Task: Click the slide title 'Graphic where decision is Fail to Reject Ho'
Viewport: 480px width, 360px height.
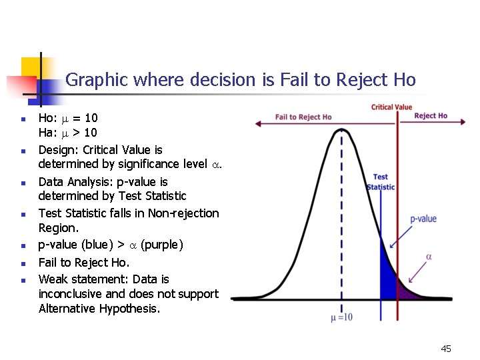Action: point(241,80)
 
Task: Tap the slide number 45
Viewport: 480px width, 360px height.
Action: point(446,349)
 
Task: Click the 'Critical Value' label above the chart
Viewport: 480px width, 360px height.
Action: point(391,107)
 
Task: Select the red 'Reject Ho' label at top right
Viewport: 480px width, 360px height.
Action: point(431,116)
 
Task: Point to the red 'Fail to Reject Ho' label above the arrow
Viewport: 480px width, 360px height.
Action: point(303,117)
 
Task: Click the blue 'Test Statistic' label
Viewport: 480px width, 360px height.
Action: point(381,182)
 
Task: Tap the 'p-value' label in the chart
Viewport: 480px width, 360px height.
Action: point(423,219)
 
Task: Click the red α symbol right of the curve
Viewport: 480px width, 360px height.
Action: point(429,257)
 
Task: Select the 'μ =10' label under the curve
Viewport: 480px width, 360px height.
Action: point(341,317)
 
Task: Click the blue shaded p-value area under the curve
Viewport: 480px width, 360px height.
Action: point(387,280)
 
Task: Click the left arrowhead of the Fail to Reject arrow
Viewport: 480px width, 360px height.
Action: point(256,124)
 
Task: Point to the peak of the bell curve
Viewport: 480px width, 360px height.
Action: point(341,129)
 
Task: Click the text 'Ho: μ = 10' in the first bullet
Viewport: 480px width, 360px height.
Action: point(67,118)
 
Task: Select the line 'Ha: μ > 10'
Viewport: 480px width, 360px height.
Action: point(67,133)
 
